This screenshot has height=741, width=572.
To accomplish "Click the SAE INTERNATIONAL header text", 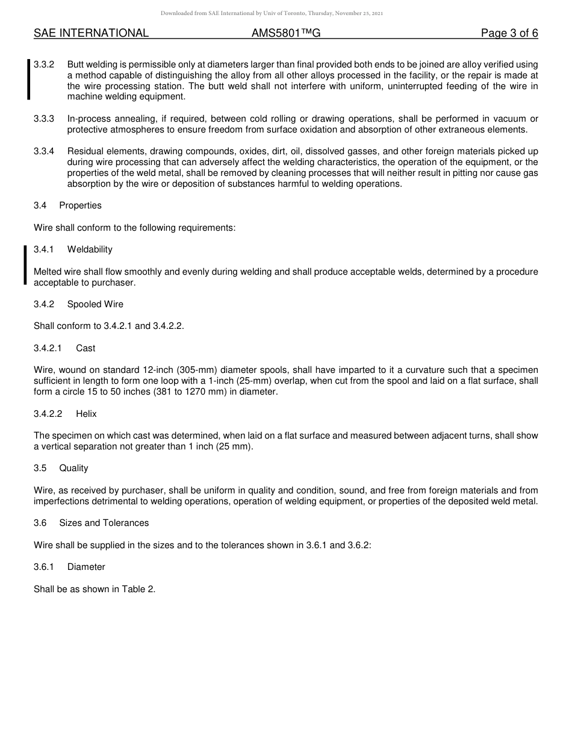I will pyautogui.click(x=91, y=33).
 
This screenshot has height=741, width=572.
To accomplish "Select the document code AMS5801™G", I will pyautogui.click(x=286, y=33).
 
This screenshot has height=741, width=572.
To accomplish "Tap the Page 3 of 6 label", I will pyautogui.click(x=509, y=33).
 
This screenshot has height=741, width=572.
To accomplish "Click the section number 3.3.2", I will pyautogui.click(x=44, y=64).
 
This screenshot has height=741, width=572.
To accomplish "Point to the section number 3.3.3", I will pyautogui.click(x=44, y=119).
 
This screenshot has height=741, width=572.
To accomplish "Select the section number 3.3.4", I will pyautogui.click(x=44, y=151).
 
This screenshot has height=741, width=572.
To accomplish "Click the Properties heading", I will pyautogui.click(x=80, y=205).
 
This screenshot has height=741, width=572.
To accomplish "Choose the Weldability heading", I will pyautogui.click(x=90, y=249).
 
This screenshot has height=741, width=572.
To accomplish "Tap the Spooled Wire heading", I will pyautogui.click(x=95, y=304).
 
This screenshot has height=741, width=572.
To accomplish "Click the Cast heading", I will pyautogui.click(x=85, y=348).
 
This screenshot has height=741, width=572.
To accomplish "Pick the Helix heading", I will pyautogui.click(x=86, y=414).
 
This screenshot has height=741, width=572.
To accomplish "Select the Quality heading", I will pyautogui.click(x=73, y=468).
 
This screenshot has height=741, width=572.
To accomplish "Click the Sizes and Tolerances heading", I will pyautogui.click(x=104, y=523).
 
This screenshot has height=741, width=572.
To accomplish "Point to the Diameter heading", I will pyautogui.click(x=86, y=567).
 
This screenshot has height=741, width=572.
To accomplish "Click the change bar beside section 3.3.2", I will pyautogui.click(x=28, y=80).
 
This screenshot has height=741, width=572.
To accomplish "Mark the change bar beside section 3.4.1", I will pyautogui.click(x=25, y=265).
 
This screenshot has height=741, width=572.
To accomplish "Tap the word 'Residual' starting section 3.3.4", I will pyautogui.click(x=85, y=151).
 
